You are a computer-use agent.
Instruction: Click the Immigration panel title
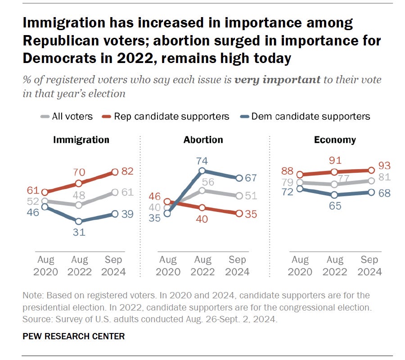click(81, 139)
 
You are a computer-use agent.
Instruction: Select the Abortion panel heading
click(202, 139)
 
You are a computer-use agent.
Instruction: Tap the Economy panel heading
click(334, 139)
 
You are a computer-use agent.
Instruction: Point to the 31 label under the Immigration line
click(79, 233)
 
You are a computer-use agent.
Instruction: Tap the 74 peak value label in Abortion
click(202, 160)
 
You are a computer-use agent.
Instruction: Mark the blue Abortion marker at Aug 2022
click(202, 171)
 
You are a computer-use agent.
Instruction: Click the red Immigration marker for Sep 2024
click(114, 171)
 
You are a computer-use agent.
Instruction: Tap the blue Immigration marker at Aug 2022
click(79, 221)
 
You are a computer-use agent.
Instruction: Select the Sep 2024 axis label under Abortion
click(237, 266)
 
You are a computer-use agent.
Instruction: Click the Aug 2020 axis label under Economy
click(300, 266)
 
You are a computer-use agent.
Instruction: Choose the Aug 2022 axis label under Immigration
click(79, 266)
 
